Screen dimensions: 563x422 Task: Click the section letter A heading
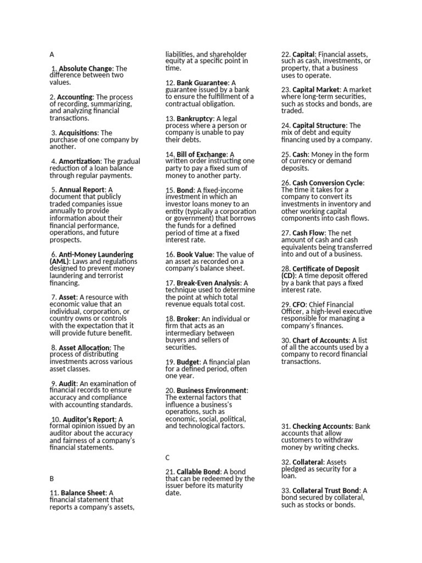[x=52, y=54]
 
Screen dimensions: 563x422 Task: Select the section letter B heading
[x=52, y=478]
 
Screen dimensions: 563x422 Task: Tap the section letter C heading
[x=168, y=457]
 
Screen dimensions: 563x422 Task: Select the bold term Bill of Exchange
[x=201, y=154]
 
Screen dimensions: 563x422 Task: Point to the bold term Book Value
[x=195, y=255]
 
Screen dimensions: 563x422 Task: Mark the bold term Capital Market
[x=316, y=90]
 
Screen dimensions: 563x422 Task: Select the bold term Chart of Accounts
[x=320, y=340]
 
